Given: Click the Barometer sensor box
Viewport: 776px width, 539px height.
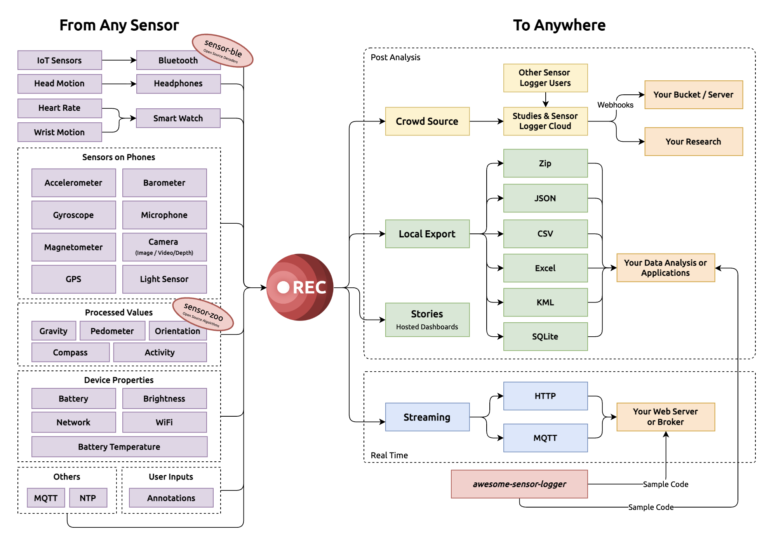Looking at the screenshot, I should click(x=164, y=183).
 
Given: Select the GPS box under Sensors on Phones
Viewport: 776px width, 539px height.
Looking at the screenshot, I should click(x=73, y=279).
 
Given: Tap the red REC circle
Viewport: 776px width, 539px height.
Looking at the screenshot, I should click(x=299, y=287).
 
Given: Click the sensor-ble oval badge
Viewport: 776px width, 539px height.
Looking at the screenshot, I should click(x=223, y=50).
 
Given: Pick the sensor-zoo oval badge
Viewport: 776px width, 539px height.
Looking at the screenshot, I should click(x=203, y=314).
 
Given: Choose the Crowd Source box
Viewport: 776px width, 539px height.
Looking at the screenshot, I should click(x=427, y=121).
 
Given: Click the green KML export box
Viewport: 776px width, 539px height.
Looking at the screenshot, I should click(x=545, y=302).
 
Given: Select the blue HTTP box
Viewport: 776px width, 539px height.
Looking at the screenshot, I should click(x=545, y=396).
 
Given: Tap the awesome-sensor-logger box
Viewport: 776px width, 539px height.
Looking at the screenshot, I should click(x=519, y=484).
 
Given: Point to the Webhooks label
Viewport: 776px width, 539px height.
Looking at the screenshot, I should click(x=615, y=105).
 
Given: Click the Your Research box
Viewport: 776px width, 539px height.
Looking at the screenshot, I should click(x=693, y=141).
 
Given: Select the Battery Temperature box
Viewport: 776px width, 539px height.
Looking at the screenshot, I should click(x=119, y=447).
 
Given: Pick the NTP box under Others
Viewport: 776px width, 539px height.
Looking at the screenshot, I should click(x=88, y=498).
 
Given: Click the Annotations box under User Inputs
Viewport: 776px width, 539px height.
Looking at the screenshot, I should click(x=171, y=498).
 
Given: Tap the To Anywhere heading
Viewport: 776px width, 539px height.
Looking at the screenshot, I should click(x=559, y=25).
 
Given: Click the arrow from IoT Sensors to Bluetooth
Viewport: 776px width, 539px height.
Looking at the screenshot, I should click(x=119, y=60).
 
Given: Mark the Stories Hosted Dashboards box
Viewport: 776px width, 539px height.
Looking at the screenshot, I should click(x=427, y=320).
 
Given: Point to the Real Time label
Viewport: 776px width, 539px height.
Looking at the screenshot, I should click(x=389, y=455).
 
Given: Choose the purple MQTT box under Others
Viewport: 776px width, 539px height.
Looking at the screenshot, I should click(x=46, y=498).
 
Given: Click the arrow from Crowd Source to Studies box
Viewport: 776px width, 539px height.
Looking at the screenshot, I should click(x=486, y=121).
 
